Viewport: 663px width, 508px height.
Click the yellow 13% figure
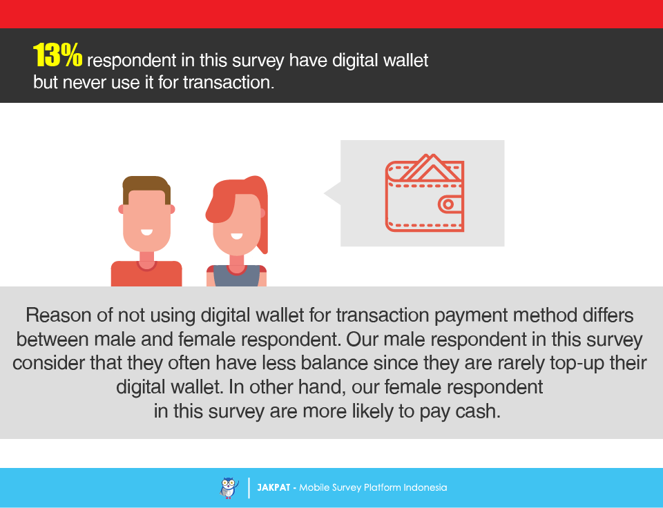coord(57,55)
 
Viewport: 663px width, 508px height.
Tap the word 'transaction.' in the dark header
coord(229,82)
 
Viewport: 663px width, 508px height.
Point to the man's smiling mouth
coord(146,232)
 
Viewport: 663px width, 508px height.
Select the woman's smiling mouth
coord(237,236)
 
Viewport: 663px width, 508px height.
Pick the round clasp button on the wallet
coord(448,204)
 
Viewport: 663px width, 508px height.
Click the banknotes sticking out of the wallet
coord(430,168)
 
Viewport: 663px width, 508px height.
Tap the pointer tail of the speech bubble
coord(332,193)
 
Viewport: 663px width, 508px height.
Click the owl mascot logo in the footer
coord(229,488)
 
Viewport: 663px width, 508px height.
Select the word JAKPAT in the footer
coord(273,488)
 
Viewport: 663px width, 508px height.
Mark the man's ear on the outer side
coord(121,209)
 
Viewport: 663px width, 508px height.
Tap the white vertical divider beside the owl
coord(249,488)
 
